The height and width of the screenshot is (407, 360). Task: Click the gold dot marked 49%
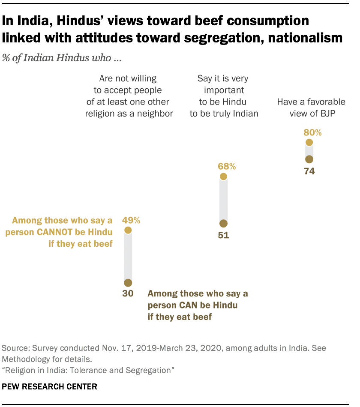128,230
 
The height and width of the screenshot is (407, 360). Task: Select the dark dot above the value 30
128,283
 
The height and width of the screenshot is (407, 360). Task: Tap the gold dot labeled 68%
223,177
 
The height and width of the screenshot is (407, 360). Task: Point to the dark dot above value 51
223,224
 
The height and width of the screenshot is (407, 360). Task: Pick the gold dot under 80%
309,143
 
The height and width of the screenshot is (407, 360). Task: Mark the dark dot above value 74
309,159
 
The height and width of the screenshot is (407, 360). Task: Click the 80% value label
312,132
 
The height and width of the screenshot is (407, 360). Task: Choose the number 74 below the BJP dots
309,171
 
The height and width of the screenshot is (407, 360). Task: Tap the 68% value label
226,166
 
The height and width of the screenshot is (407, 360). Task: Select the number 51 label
223,235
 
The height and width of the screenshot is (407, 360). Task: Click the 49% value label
131,220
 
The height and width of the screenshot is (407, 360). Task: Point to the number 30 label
128,294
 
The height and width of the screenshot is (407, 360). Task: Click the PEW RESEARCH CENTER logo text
50,386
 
